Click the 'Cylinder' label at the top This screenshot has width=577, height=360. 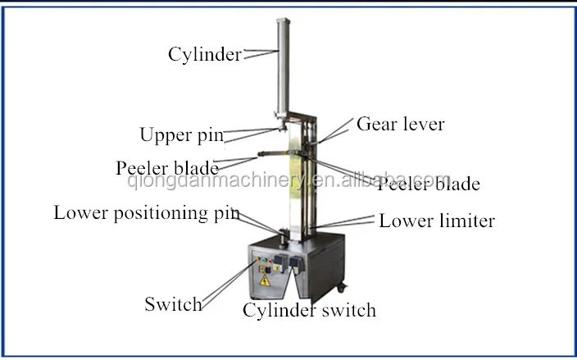(204, 55)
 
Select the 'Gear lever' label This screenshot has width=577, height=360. (400, 125)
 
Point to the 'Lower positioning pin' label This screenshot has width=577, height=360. (147, 213)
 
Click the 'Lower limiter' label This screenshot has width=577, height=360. (437, 221)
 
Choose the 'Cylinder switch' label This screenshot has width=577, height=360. (309, 310)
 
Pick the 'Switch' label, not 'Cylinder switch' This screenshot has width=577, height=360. (173, 304)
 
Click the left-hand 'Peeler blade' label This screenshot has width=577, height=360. (167, 167)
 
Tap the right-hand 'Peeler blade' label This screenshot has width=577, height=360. (428, 183)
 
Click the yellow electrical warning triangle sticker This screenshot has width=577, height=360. (265, 280)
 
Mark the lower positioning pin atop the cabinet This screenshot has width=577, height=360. (283, 236)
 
